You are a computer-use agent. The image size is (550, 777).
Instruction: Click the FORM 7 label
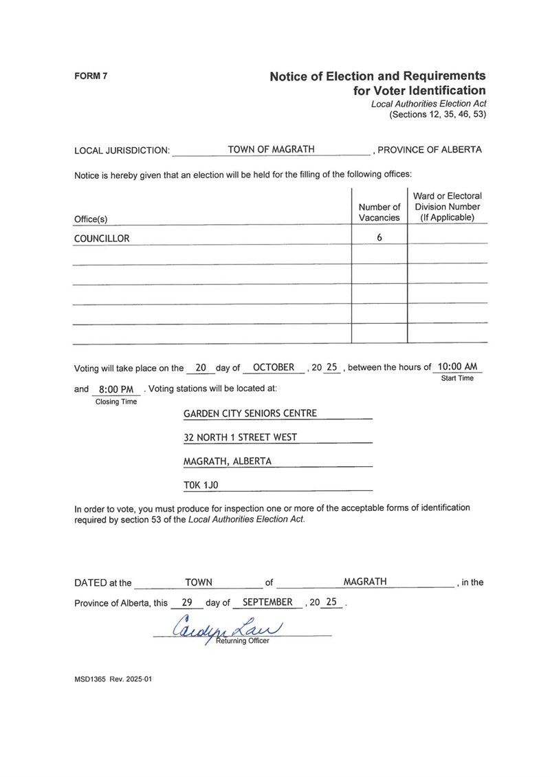coord(90,76)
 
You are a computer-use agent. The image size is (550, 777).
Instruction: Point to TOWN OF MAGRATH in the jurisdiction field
coord(271,149)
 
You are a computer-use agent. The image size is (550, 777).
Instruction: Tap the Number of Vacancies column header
coord(379,212)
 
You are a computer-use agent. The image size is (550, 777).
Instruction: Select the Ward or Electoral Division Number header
coord(448,206)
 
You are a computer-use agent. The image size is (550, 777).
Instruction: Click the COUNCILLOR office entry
coord(102,239)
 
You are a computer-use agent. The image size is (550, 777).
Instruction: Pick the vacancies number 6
coord(379,238)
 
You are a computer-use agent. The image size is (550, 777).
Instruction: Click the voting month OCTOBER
coord(274,367)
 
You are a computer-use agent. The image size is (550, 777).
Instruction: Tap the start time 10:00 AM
coord(457,366)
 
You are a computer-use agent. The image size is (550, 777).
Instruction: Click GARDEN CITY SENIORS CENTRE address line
coord(250,413)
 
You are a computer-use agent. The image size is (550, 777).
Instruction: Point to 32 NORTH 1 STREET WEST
coord(240,437)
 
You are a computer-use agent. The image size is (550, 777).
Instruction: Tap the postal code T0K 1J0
coord(201,485)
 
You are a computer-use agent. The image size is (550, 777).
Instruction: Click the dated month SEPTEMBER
coord(267,602)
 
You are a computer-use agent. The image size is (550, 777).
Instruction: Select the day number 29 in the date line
coord(186,602)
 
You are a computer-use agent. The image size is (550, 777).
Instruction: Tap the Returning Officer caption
coord(243,641)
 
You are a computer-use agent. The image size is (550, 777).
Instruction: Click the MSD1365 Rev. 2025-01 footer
coord(113,679)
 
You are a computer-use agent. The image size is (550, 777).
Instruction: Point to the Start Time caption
coord(456,378)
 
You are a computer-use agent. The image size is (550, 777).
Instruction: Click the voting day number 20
coord(201,368)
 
